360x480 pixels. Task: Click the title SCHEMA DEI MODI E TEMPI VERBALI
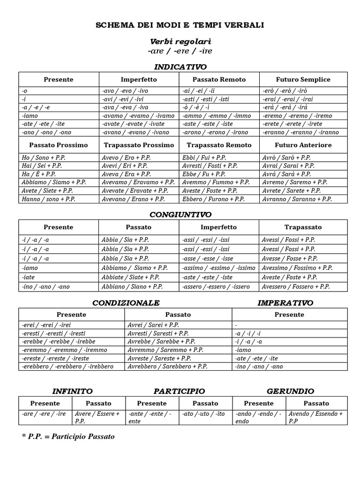[x=180, y=25]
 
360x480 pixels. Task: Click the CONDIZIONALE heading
[x=126, y=303]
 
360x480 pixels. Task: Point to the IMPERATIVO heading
[x=285, y=303]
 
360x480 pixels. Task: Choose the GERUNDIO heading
[x=290, y=391]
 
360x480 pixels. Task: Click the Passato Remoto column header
[x=219, y=79]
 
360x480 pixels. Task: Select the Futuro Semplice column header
[x=303, y=79]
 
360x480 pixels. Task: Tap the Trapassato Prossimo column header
[x=139, y=145]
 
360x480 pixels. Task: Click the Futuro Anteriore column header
[x=303, y=145]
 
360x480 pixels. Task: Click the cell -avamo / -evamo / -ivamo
[x=138, y=116]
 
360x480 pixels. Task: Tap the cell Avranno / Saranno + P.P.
[x=297, y=199]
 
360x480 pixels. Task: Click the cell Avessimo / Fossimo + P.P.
[x=297, y=268]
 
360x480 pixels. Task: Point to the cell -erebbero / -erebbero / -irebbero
[x=67, y=366]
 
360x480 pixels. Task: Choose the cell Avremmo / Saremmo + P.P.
[x=165, y=350]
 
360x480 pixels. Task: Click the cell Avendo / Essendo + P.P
[x=315, y=417]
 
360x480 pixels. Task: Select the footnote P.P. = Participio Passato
[x=68, y=436]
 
